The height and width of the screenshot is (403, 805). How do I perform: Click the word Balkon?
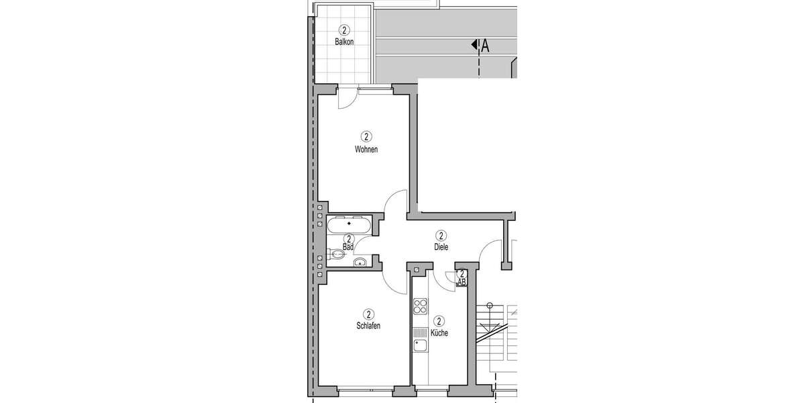(x=344, y=42)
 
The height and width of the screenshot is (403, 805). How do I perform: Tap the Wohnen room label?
(x=366, y=149)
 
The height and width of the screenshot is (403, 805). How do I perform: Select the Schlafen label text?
(x=369, y=326)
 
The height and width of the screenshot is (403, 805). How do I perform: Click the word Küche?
(x=440, y=332)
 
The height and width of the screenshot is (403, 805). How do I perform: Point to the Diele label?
(x=441, y=247)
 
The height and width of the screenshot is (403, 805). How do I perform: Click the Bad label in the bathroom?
(x=348, y=247)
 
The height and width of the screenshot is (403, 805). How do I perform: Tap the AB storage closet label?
(x=462, y=283)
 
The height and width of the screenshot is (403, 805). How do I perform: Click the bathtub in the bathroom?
(x=348, y=224)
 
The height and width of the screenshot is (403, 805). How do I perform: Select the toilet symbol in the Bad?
(x=337, y=254)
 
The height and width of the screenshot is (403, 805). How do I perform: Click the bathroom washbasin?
(x=360, y=263)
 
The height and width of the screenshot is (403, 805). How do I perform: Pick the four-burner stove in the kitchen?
(x=421, y=307)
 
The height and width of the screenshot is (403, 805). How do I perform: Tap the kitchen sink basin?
(x=421, y=347)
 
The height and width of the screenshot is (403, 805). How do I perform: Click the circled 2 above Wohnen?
(x=366, y=136)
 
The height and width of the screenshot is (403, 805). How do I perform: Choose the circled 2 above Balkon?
(x=344, y=30)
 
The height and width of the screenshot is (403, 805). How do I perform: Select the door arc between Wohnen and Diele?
(x=396, y=201)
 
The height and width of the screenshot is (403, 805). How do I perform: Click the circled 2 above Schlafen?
(x=369, y=314)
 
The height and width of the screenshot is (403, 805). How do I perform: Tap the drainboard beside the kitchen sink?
(x=421, y=332)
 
